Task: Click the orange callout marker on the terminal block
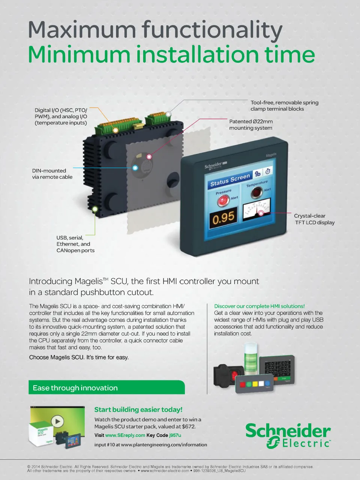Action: [x=115, y=130]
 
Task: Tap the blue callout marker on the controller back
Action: [x=135, y=168]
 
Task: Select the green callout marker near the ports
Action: [x=95, y=209]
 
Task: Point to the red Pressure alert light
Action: [x=223, y=200]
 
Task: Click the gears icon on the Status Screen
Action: [x=258, y=174]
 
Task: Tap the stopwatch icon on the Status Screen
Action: [x=268, y=171]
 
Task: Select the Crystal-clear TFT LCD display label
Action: [x=314, y=219]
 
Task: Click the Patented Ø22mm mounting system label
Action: [x=251, y=125]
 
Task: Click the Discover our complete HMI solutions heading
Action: [x=259, y=306]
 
